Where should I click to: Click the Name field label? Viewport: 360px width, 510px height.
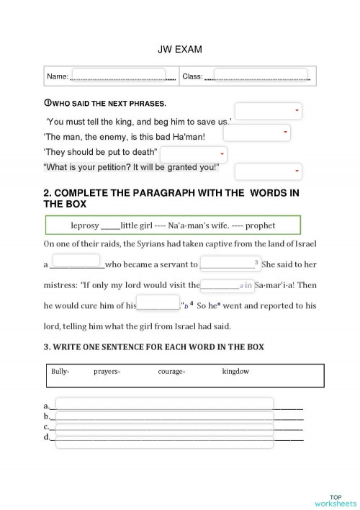(x=58, y=76)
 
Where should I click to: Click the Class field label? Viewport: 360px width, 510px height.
(x=192, y=76)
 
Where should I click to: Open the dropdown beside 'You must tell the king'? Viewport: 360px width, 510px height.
(x=268, y=111)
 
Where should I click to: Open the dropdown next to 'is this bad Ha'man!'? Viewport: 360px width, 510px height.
(x=256, y=133)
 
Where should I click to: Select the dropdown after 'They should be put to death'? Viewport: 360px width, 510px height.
(x=193, y=154)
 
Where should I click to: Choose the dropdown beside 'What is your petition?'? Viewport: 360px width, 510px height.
(x=268, y=171)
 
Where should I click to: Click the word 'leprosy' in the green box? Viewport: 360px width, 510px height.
(x=85, y=225)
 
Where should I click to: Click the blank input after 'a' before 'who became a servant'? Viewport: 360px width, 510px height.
(x=76, y=261)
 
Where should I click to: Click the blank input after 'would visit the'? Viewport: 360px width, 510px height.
(x=226, y=284)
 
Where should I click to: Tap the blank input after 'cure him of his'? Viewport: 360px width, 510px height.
(x=157, y=303)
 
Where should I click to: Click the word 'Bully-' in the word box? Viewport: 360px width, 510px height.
(x=60, y=372)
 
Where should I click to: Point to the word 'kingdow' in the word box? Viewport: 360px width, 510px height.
(x=235, y=372)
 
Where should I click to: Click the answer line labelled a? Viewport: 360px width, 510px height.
(x=164, y=404)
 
